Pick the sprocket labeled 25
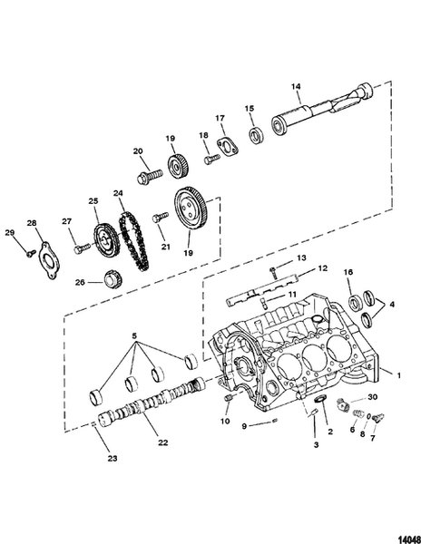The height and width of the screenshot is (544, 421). pyautogui.click(x=107, y=240)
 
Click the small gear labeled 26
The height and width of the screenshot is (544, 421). pyautogui.click(x=113, y=278)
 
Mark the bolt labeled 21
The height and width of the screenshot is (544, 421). pyautogui.click(x=162, y=217)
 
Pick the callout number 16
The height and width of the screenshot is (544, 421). pyautogui.click(x=348, y=273)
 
